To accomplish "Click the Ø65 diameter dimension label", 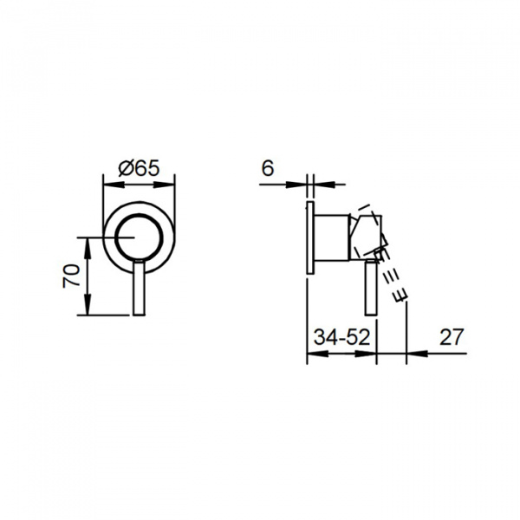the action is click(x=139, y=168).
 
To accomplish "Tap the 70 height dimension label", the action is click(x=72, y=276).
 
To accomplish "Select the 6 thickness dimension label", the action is click(x=268, y=168).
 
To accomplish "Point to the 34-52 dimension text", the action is click(x=341, y=337).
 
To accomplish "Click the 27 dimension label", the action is click(x=451, y=337).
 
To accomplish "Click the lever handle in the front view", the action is click(x=139, y=288).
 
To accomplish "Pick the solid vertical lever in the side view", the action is click(x=371, y=288).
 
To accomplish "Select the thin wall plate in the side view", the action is click(x=310, y=237).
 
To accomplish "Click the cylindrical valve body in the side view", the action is click(x=331, y=237).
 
